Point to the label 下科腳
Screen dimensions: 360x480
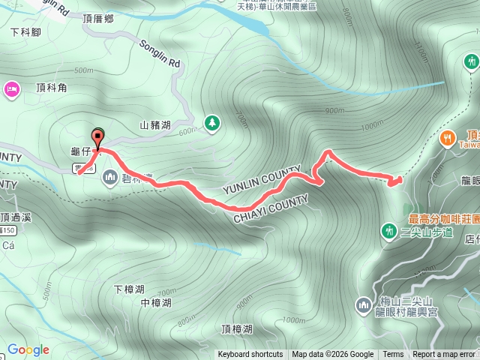coord(25,33)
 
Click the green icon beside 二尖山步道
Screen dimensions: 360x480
coord(389,229)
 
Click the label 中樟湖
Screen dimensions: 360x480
coord(156,303)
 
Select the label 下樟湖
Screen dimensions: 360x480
coord(129,289)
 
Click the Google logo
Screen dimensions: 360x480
coord(28,349)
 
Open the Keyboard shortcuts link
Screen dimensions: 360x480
coord(250,355)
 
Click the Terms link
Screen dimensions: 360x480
coord(393,355)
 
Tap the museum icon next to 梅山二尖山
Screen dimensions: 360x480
coord(363,304)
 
